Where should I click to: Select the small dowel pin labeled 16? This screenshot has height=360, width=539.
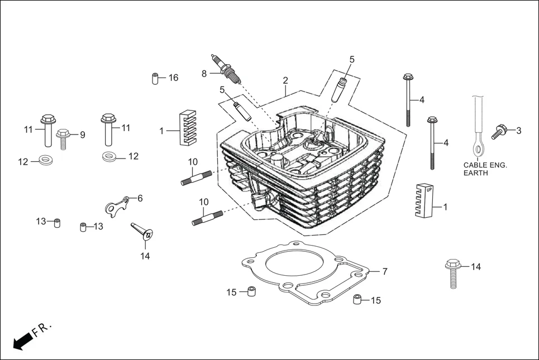pos(155,78)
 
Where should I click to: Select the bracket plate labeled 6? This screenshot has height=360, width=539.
pos(118,206)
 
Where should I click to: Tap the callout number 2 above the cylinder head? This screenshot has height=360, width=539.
pos(285,80)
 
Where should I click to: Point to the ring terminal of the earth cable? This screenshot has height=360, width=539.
pos(478,148)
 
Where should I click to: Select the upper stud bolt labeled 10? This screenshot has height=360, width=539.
pos(197,177)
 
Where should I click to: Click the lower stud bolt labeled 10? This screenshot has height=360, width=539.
pos(207,217)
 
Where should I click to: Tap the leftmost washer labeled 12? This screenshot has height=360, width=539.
pos(44,161)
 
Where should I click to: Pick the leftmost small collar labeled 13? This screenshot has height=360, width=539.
pos(56,223)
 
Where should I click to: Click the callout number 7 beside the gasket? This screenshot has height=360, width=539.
pos(385,272)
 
